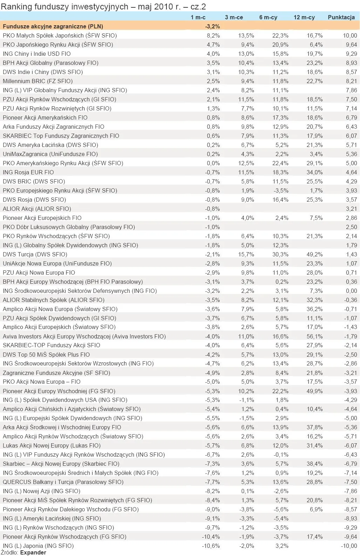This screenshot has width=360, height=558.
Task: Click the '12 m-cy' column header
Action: pyautogui.click(x=304, y=17)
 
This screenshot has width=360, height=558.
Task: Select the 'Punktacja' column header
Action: pyautogui.click(x=341, y=17)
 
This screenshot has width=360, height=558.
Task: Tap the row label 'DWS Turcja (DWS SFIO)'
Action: pyautogui.click(x=35, y=254)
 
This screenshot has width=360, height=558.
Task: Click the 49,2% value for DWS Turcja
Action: pyautogui.click(x=315, y=254)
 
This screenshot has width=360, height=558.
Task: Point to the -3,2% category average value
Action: pyautogui.click(x=212, y=26)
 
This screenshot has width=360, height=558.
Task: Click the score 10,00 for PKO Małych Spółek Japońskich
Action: pyautogui.click(x=350, y=35)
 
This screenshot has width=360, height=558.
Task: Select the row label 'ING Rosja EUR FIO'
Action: pyautogui.click(x=28, y=172)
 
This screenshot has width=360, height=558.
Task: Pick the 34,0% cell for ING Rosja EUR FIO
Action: pyautogui.click(x=315, y=172)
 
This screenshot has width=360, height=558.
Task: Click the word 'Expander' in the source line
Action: pyautogui.click(x=33, y=553)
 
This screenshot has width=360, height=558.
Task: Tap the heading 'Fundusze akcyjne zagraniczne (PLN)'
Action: pyautogui.click(x=53, y=26)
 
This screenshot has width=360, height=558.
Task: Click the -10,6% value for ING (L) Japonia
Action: pyautogui.click(x=211, y=546)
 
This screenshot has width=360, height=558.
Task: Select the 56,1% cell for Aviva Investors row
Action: pyautogui.click(x=315, y=336)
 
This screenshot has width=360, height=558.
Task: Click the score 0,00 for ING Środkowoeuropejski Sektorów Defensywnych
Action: pyautogui.click(x=351, y=291)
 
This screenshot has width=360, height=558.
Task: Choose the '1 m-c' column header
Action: pyautogui.click(x=198, y=17)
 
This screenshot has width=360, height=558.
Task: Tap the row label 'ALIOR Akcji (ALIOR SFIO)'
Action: pyautogui.click(x=37, y=209)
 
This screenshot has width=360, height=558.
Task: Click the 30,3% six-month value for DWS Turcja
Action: pyautogui.click(x=280, y=254)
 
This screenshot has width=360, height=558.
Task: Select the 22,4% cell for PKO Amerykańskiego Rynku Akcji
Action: pyautogui.click(x=280, y=163)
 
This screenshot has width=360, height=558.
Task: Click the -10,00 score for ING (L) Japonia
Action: pyautogui.click(x=349, y=546)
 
